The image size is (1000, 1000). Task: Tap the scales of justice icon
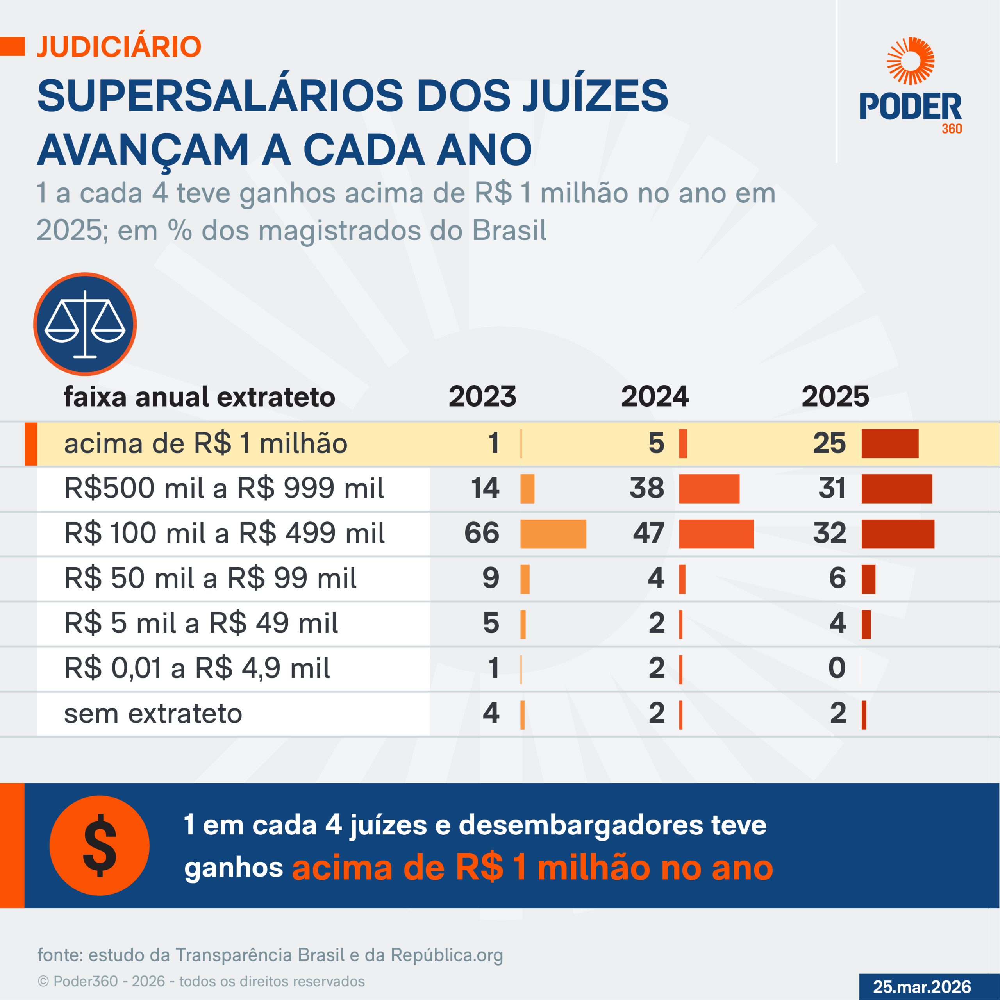(85, 324)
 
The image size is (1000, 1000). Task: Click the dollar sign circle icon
(99, 845)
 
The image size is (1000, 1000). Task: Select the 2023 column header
(482, 396)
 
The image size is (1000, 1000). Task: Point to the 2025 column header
(835, 396)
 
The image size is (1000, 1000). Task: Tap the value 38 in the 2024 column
(646, 488)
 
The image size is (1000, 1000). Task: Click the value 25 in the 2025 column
(829, 443)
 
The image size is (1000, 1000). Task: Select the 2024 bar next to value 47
(716, 534)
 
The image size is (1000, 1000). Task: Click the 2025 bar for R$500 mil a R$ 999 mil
(896, 489)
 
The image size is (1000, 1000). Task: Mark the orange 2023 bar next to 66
(553, 534)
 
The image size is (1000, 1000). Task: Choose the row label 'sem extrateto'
(153, 713)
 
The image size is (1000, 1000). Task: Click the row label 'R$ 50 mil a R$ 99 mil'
(210, 578)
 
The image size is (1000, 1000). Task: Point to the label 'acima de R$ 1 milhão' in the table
(205, 444)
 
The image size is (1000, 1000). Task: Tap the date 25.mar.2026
(922, 987)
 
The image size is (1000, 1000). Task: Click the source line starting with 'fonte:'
(270, 955)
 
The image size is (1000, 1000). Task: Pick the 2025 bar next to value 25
(890, 444)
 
